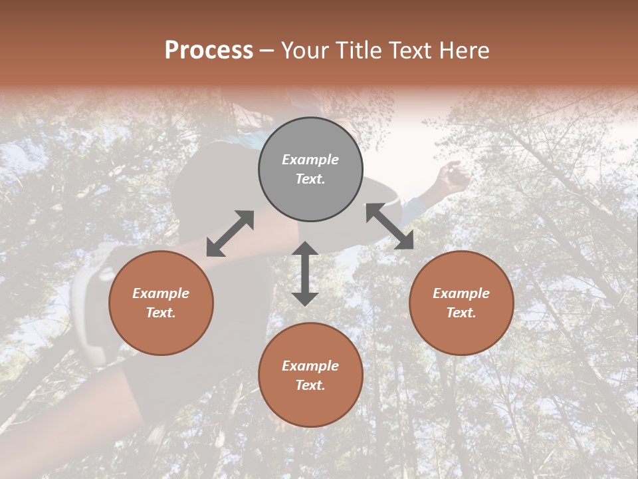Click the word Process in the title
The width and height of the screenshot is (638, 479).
pos(209,51)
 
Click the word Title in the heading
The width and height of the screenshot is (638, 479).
pos(358,51)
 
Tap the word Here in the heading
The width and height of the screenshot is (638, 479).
pos(463,51)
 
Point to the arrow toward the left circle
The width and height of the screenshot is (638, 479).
pos(230,234)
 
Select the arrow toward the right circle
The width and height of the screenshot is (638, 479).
pos(389,226)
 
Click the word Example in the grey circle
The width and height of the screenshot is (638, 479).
pos(310,160)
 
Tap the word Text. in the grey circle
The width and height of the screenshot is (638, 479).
pos(310,179)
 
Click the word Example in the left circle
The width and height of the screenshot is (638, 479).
pos(161,293)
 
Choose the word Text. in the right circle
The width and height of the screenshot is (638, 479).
pos(461,313)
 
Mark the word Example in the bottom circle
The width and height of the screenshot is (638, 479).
pos(310,366)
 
